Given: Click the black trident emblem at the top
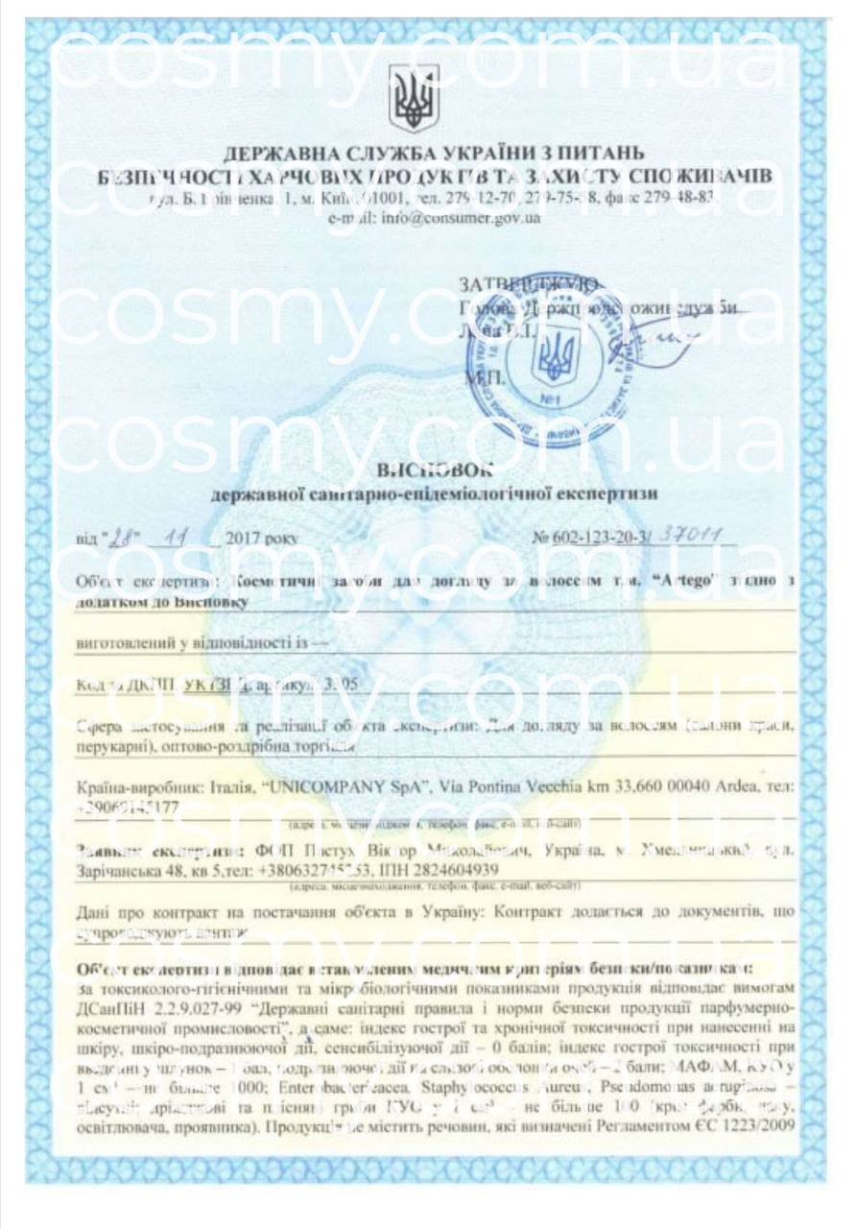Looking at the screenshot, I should click(x=414, y=98).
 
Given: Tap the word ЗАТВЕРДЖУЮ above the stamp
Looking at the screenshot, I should click(x=529, y=284).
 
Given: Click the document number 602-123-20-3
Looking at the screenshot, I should click(x=595, y=541).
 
